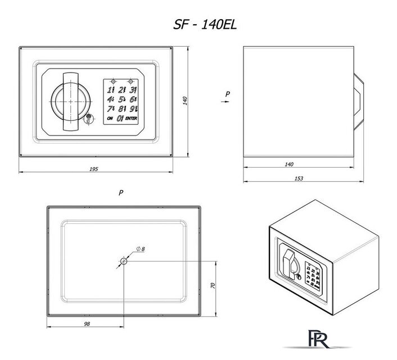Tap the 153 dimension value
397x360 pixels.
[299, 178]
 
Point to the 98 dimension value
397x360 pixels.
[86, 325]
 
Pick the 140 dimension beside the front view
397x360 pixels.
[184, 100]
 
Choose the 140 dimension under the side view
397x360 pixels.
[289, 164]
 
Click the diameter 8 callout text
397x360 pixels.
[141, 249]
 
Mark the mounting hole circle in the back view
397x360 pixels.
[124, 261]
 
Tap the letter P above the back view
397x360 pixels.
[121, 192]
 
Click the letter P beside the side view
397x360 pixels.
[227, 94]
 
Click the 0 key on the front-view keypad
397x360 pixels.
[120, 118]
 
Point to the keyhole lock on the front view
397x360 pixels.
[90, 119]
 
